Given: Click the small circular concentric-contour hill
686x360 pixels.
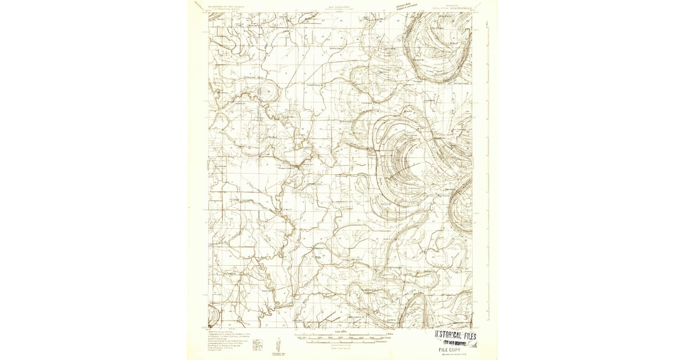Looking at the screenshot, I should [x=266, y=91].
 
